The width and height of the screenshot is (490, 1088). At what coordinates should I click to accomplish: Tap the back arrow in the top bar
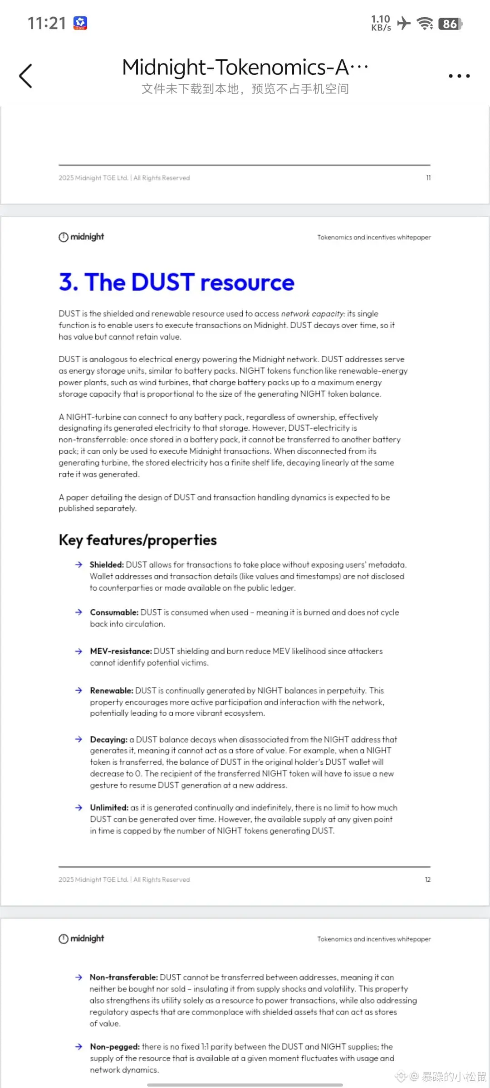26,76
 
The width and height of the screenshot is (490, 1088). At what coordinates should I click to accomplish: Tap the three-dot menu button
459,76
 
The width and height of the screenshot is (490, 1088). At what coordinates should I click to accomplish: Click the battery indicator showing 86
450,24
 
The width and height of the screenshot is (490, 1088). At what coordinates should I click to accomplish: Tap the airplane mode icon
403,23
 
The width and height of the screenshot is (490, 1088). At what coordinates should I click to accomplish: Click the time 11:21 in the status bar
47,23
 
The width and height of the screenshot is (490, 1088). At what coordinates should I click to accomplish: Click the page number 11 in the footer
428,178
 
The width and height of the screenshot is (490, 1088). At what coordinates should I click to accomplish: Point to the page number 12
427,879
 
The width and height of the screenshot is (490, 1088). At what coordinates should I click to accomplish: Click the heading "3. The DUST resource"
176,282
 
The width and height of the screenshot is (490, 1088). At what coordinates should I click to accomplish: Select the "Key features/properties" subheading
137,540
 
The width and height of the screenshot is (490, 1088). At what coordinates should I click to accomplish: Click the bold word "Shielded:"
107,565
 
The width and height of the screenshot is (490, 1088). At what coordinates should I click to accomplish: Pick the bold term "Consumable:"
114,612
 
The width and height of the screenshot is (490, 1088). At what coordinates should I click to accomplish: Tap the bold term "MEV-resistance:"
121,651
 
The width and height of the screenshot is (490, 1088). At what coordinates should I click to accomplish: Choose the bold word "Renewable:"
111,690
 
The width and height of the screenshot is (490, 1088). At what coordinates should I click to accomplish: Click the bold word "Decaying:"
108,739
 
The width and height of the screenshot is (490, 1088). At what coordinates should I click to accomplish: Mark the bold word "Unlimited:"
109,807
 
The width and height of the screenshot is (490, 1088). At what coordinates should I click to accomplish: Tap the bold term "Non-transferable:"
123,977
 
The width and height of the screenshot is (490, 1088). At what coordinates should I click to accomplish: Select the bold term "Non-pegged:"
114,1047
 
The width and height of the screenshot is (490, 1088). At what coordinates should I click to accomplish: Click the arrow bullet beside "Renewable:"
78,690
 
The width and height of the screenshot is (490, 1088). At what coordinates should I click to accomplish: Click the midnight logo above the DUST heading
81,237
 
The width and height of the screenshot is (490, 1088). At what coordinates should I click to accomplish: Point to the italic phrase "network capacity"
312,314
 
